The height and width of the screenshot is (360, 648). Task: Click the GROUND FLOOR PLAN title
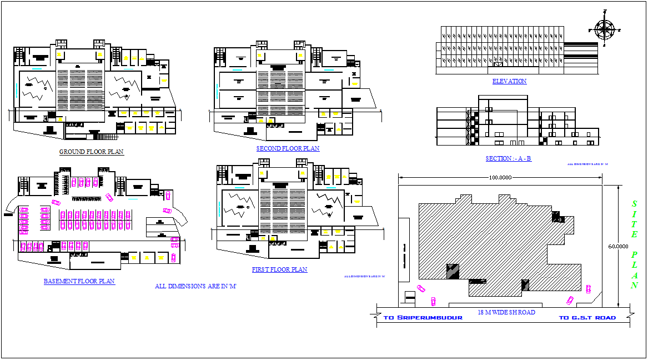pyautogui.click(x=92, y=152)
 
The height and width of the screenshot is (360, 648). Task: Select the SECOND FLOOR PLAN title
pyautogui.click(x=288, y=148)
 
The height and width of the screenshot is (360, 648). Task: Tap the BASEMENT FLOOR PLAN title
pyautogui.click(x=79, y=281)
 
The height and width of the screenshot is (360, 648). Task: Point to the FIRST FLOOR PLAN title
pyautogui.click(x=279, y=269)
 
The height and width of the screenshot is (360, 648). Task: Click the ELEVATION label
pyautogui.click(x=509, y=81)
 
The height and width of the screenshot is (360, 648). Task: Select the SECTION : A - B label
pyautogui.click(x=508, y=158)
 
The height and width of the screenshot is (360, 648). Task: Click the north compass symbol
pyautogui.click(x=604, y=28)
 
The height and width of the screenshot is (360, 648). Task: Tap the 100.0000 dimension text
pyautogui.click(x=500, y=178)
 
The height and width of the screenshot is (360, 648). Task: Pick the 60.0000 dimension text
pyautogui.click(x=617, y=246)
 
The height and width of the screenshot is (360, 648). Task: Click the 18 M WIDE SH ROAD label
pyautogui.click(x=506, y=312)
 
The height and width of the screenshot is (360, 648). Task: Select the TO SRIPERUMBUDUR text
pyautogui.click(x=423, y=318)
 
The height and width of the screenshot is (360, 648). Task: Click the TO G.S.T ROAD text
pyautogui.click(x=587, y=318)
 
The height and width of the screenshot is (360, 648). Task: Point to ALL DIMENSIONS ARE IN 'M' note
pyautogui.click(x=195, y=287)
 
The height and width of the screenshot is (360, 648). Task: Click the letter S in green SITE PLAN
pyautogui.click(x=634, y=204)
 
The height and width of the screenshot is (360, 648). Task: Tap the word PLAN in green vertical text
pyautogui.click(x=634, y=270)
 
